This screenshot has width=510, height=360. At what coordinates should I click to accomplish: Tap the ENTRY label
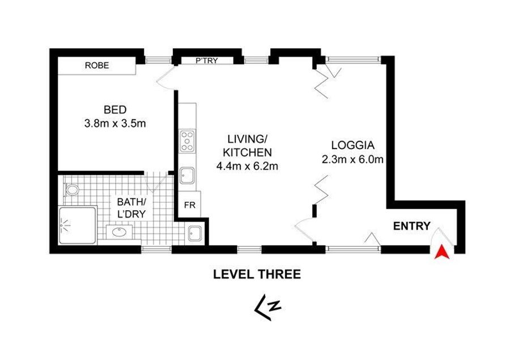tap(412, 226)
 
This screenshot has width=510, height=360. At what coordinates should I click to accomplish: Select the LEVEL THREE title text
tap(257, 274)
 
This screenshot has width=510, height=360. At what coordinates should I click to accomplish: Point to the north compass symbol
tap(267, 307)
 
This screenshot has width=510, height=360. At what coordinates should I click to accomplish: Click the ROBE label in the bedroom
tap(97, 65)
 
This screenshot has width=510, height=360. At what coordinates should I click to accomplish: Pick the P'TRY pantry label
tap(207, 61)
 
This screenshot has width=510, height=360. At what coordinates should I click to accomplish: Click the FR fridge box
tap(190, 205)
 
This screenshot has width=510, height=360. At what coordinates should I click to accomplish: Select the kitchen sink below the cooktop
tap(188, 176)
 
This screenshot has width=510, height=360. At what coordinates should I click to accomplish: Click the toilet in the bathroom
tap(71, 189)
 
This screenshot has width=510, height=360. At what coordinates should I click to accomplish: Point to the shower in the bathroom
tap(78, 225)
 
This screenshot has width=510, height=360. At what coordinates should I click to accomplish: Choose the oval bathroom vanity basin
tap(120, 232)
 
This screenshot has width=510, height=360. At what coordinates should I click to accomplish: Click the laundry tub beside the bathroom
tap(195, 234)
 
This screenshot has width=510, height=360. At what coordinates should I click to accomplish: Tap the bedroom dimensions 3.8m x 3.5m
tap(115, 124)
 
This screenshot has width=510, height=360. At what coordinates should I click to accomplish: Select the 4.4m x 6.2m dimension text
tap(247, 166)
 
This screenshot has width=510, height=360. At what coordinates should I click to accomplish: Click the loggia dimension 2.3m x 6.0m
tap(352, 159)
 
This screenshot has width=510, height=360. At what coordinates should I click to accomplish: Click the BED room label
tap(115, 109)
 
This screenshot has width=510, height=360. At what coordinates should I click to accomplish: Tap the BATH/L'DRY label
tap(131, 207)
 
